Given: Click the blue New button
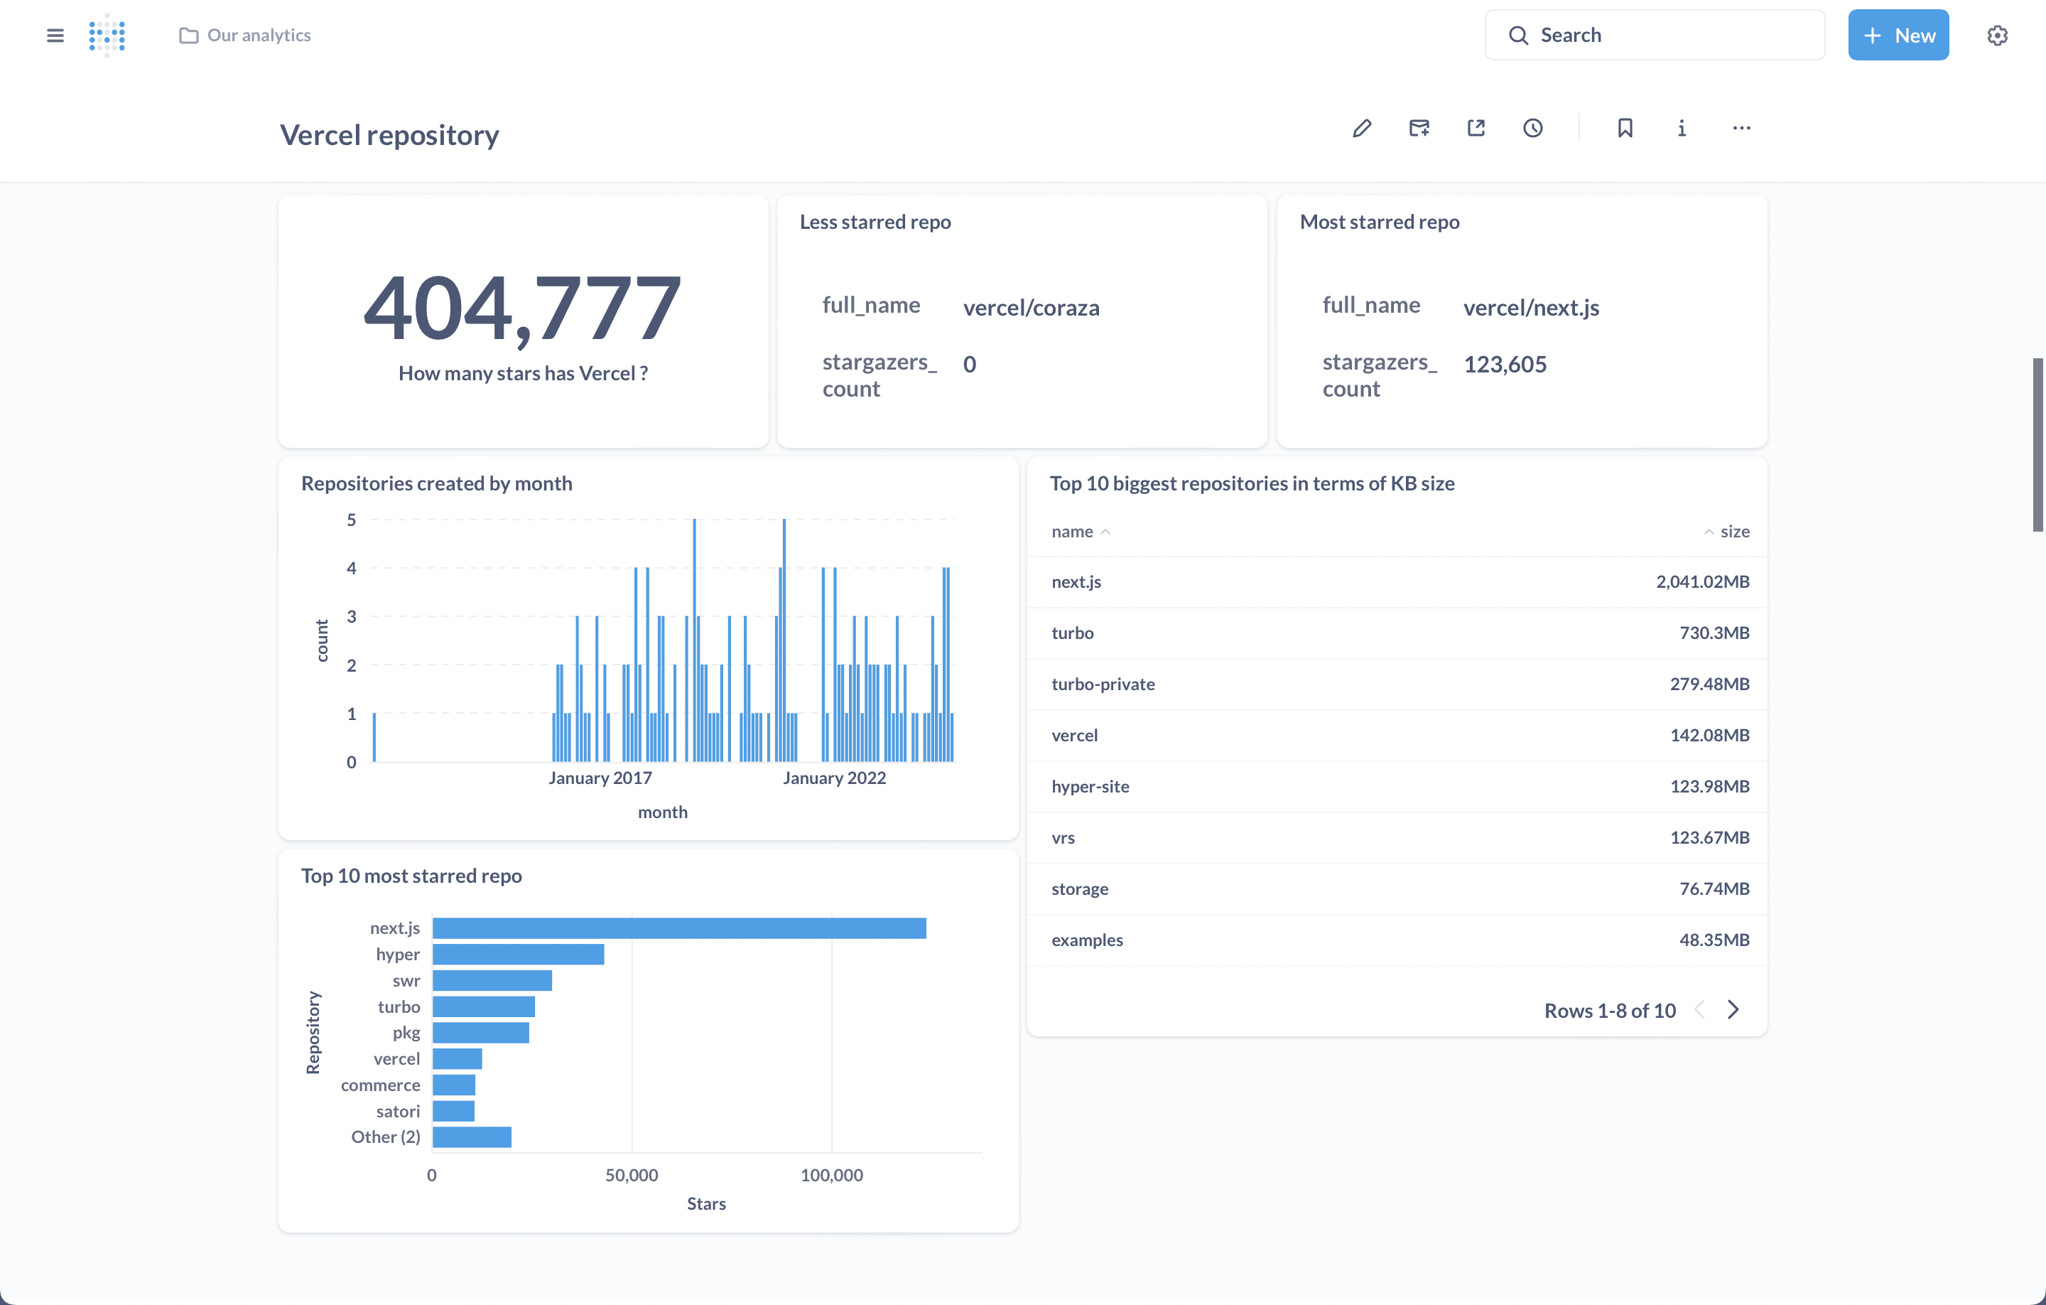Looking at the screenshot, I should point(1898,35).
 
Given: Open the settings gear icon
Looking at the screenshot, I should point(1997,35).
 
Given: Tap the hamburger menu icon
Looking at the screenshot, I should point(55,35).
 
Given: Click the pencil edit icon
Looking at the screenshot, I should point(1361,129).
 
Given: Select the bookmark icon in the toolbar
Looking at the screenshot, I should point(1625,129).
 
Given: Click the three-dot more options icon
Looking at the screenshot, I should point(1741,129).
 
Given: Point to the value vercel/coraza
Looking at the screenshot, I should point(1031,308).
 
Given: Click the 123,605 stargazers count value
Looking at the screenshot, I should point(1504,365).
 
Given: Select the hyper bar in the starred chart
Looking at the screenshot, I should point(519,954).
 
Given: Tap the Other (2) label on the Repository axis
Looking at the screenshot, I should point(385,1137).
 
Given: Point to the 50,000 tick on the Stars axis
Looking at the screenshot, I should point(632,1175).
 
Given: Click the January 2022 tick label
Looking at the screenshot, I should point(833,778).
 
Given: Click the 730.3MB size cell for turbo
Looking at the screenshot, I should point(1714,633).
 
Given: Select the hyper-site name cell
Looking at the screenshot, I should point(1090,786).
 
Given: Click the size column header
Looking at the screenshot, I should point(1733,532).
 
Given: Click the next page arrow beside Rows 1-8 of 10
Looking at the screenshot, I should point(1733,1010).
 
